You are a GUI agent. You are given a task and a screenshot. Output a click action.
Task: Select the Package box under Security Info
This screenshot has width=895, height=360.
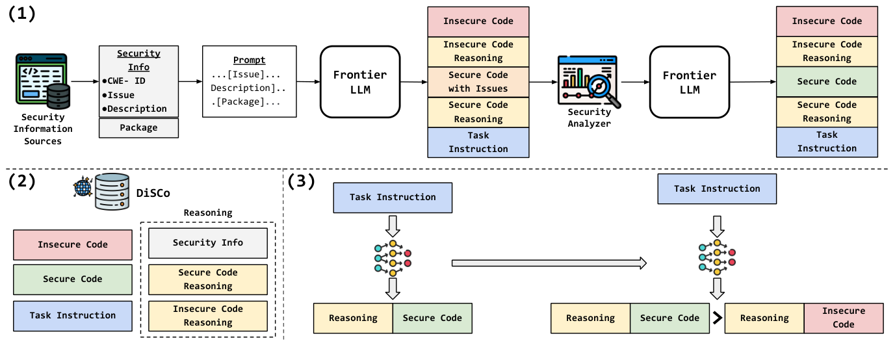tap(138, 128)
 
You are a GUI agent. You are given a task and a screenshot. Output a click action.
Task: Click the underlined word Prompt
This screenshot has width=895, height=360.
tap(250, 60)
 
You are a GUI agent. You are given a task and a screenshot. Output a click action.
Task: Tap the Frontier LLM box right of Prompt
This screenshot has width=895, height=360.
tap(360, 82)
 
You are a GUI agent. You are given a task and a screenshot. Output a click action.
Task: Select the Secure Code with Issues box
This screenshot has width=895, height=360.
tap(478, 82)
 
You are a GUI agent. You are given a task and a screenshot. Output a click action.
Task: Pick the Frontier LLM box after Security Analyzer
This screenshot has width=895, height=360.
tap(690, 82)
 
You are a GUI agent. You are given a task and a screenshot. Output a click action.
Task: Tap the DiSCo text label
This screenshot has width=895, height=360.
tap(153, 194)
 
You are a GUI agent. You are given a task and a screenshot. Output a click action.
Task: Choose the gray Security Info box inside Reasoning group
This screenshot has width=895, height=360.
tap(208, 243)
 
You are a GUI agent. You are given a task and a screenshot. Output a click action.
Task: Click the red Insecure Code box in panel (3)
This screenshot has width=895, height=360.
tap(844, 318)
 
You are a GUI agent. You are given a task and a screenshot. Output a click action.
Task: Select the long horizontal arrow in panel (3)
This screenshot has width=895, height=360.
tap(549, 263)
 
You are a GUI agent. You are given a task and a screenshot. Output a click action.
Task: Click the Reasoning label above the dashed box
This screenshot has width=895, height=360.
tap(208, 212)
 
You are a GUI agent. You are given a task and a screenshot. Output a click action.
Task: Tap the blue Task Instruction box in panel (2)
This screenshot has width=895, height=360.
tap(73, 316)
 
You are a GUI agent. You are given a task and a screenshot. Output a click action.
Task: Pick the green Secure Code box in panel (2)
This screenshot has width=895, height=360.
tap(73, 279)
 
